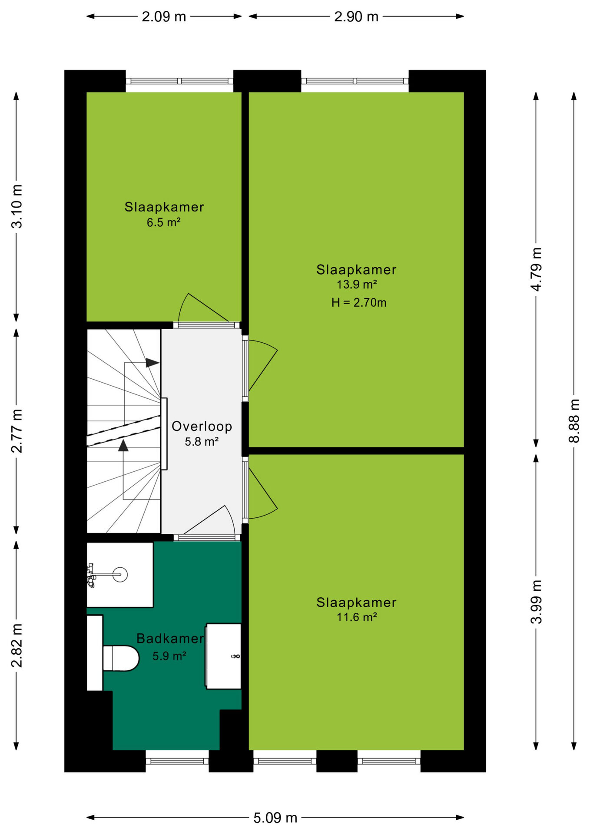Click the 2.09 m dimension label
point(164,17)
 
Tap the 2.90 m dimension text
point(356,17)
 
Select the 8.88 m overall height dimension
point(574,420)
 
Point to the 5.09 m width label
point(275,818)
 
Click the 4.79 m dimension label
point(537,269)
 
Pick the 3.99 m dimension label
point(537,602)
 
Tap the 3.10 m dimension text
point(17,206)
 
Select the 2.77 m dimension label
point(17,431)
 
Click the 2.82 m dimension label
point(17,645)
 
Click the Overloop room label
point(202,426)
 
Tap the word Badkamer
point(170,638)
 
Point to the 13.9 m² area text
point(357,285)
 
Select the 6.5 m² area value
point(163,222)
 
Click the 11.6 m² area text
point(357,617)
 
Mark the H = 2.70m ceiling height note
point(359,302)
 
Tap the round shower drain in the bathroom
point(120,575)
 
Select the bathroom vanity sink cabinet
point(223,656)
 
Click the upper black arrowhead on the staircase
point(152,362)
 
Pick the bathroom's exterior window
point(177,761)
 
